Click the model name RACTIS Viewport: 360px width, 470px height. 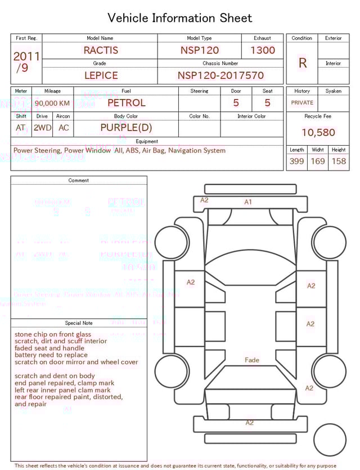101,51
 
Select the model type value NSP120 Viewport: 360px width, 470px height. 199,51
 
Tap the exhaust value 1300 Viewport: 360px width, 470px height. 263,51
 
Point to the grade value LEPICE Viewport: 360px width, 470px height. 101,75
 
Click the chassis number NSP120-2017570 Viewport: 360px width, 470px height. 220,75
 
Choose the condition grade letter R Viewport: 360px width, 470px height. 302,63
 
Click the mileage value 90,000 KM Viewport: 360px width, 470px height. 52,104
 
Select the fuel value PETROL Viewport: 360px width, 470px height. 126,103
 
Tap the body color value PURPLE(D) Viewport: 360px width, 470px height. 126,128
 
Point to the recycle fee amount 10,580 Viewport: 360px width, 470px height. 318,133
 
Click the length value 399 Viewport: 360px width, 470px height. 296,162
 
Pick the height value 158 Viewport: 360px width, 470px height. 339,162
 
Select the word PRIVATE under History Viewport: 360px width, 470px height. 302,103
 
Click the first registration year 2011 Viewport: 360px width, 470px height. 26,56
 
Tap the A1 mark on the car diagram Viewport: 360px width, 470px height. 248,202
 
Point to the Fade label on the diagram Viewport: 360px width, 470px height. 252,360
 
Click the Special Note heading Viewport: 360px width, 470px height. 79,323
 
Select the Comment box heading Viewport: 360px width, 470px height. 79,181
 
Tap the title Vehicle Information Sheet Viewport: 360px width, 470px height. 180,18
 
